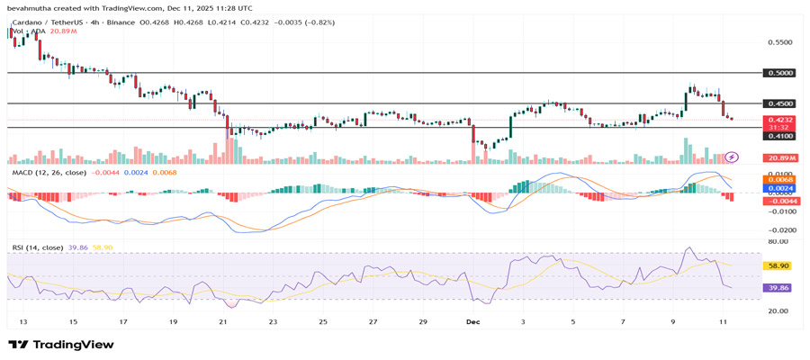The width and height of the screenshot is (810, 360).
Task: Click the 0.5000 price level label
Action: [778, 73]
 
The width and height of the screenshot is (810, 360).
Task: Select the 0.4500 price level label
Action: [778, 103]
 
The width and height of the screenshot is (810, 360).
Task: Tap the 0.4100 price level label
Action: [778, 136]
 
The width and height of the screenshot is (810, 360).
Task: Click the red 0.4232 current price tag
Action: [778, 120]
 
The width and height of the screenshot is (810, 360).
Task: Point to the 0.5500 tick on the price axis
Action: [778, 42]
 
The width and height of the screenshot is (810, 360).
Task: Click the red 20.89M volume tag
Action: [778, 157]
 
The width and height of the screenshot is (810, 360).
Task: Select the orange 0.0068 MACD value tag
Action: [778, 179]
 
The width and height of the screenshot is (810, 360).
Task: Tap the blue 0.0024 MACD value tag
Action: [778, 189]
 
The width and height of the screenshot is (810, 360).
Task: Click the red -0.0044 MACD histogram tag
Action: [778, 201]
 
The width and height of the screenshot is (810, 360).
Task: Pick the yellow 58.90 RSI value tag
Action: [776, 266]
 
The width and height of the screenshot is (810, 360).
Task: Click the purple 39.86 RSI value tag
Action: [776, 288]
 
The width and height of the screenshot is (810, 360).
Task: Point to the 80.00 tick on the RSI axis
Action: [778, 241]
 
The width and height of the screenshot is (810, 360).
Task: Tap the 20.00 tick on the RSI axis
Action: [778, 311]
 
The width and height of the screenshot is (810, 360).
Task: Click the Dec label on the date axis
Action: [472, 320]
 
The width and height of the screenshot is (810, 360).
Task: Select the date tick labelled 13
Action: [22, 320]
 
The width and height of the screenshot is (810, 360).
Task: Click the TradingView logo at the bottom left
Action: [61, 345]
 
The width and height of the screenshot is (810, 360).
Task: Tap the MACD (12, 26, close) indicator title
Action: [49, 172]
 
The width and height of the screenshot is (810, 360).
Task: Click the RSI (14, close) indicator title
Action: [38, 247]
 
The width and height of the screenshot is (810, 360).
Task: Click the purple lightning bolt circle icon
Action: [732, 157]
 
